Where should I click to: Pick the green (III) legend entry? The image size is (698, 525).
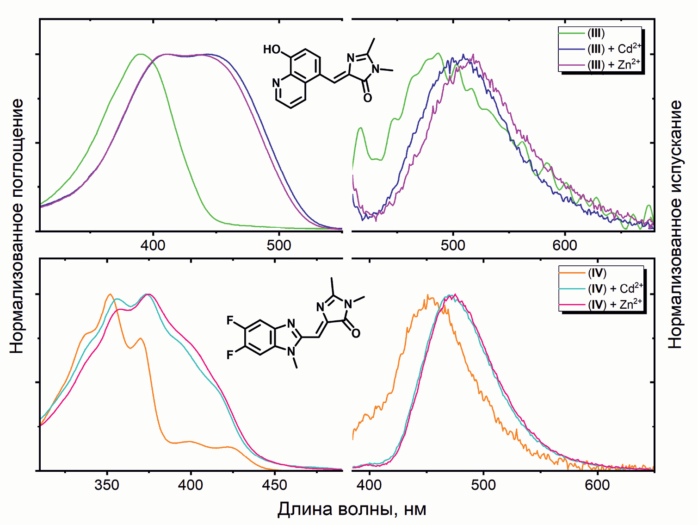[x=596, y=33]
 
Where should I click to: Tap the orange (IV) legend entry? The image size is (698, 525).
[x=597, y=273]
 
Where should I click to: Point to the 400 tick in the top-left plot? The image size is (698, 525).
[x=153, y=245]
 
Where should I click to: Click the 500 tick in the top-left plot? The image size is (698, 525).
[x=279, y=245]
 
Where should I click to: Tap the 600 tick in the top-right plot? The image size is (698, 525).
[x=565, y=245]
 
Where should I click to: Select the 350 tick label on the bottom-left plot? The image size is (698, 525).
[x=107, y=485]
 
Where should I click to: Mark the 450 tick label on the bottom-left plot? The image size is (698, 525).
[x=274, y=485]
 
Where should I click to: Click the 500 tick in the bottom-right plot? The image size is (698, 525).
[x=483, y=485]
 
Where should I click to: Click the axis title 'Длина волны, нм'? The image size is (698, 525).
[x=352, y=509]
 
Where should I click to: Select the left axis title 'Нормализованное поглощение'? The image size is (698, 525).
[x=17, y=226]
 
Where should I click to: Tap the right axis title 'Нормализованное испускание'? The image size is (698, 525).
[x=675, y=224]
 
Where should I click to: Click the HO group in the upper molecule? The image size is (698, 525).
[x=272, y=50]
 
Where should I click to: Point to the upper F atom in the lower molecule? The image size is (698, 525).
[x=230, y=321]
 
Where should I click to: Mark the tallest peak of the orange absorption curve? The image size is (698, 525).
[x=110, y=294]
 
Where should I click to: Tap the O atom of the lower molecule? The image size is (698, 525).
[x=356, y=333]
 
